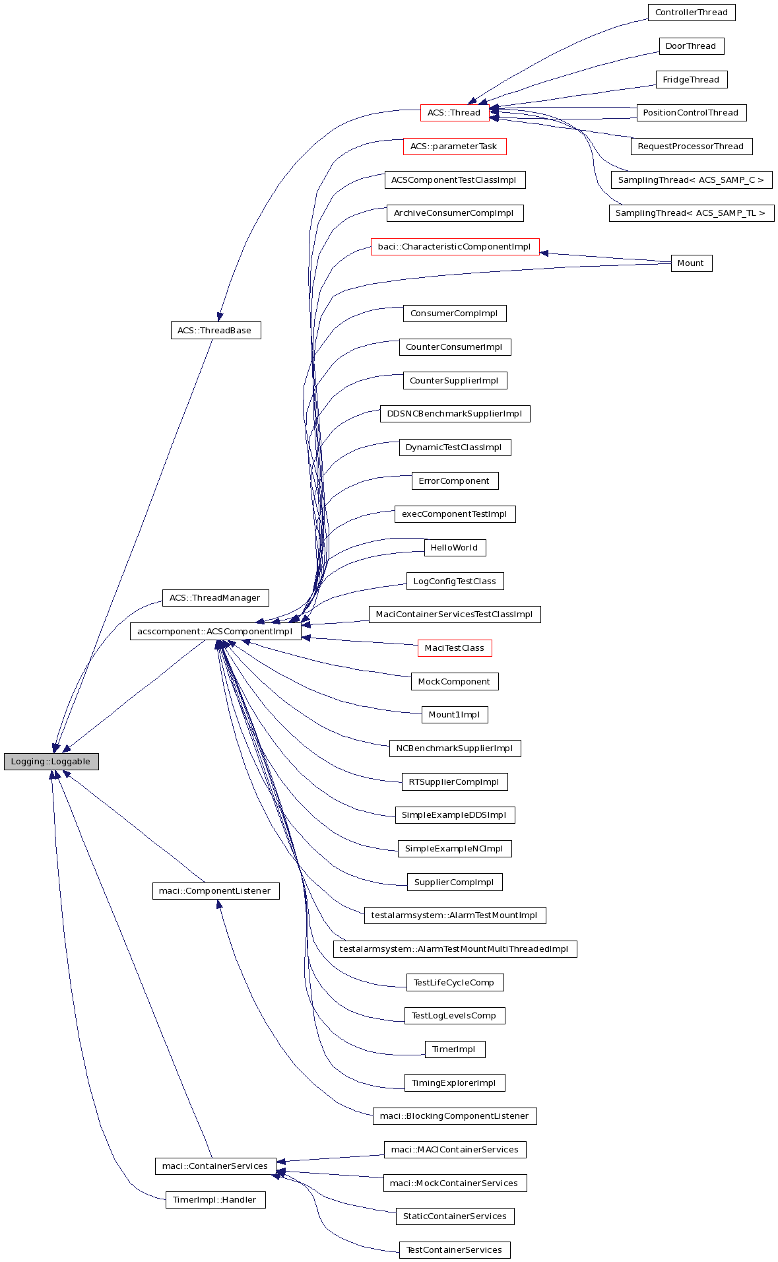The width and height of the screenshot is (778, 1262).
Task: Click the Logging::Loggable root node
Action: (x=51, y=761)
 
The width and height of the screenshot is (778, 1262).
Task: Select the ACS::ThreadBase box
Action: (x=215, y=330)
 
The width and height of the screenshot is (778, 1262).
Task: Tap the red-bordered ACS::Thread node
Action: (x=454, y=112)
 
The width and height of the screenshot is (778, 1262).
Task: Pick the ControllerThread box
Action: (x=691, y=13)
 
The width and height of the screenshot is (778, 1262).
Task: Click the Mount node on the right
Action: (x=691, y=263)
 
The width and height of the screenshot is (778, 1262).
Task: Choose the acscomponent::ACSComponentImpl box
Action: (x=215, y=631)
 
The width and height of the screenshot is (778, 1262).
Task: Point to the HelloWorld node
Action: (x=455, y=547)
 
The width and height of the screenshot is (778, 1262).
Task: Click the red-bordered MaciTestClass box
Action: (x=455, y=648)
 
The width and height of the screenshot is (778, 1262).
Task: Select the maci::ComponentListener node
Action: (x=215, y=890)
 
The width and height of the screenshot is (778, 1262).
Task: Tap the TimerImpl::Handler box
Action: (x=215, y=1199)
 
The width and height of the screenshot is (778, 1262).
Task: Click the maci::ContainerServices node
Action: (x=215, y=1166)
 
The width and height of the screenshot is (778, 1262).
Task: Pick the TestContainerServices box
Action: (x=455, y=1249)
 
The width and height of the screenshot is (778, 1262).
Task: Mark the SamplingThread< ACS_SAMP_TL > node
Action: (x=691, y=213)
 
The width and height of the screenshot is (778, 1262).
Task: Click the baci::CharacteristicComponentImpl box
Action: (x=455, y=246)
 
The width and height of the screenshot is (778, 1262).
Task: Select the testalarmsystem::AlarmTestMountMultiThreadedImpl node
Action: (x=455, y=948)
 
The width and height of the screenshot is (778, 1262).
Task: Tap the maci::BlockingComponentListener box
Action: (x=455, y=1115)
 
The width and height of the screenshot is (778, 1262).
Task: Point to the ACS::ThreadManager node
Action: (x=215, y=597)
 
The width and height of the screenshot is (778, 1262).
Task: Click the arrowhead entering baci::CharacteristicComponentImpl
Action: (x=544, y=252)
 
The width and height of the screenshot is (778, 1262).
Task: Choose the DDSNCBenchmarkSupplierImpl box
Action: (x=455, y=413)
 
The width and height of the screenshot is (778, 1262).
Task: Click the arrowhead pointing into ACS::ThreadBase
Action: (x=220, y=317)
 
